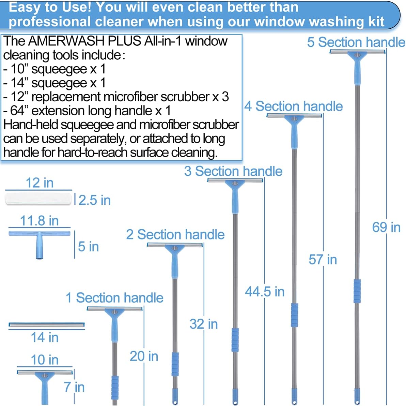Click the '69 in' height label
point(386,227)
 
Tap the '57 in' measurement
point(323,260)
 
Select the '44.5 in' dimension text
point(265,292)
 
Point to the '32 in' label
point(203,324)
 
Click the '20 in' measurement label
point(144,356)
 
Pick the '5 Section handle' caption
point(356,42)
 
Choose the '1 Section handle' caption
point(114,298)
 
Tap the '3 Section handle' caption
point(233,171)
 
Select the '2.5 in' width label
point(94,200)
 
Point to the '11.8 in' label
point(39,220)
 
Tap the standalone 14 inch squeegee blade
point(47,325)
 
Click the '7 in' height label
point(74,387)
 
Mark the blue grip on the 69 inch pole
point(357,291)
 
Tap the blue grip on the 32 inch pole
point(175,364)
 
